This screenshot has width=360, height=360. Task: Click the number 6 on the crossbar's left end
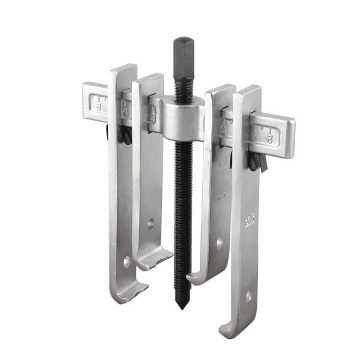pyautogui.click(x=98, y=104)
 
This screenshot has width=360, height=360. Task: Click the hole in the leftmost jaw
pyautogui.click(x=127, y=262)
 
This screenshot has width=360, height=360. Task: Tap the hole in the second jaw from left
pyautogui.click(x=151, y=225)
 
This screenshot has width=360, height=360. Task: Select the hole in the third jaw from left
pyautogui.click(x=220, y=243)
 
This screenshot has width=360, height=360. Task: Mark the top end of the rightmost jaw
pyautogui.click(x=248, y=91)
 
